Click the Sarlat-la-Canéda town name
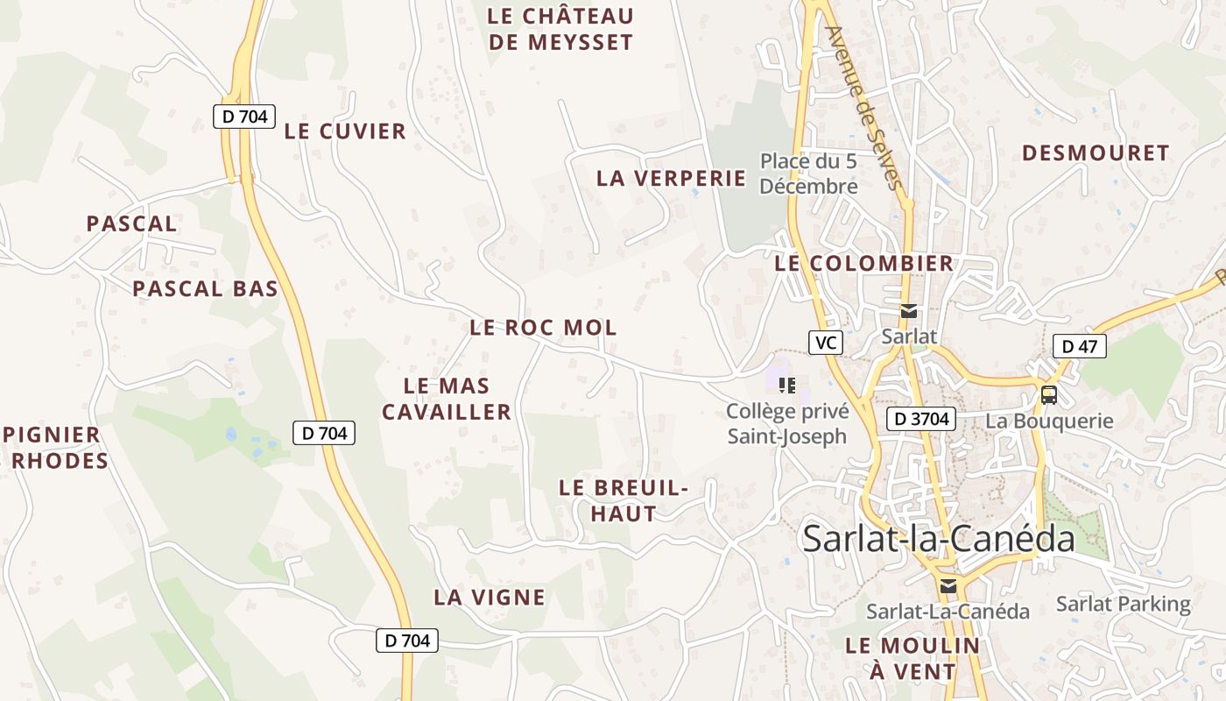[938, 538]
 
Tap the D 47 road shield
[1079, 346]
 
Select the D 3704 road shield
[922, 419]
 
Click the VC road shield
[824, 343]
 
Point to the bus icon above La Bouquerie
[1048, 395]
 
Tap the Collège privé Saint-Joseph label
[787, 423]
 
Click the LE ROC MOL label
[543, 328]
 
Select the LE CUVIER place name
[345, 131]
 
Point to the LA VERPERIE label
[671, 178]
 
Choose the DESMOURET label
[1096, 153]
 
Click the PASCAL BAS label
[205, 288]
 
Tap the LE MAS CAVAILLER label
[447, 399]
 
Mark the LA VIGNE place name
[490, 598]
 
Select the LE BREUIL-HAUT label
[624, 500]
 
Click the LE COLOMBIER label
[863, 263]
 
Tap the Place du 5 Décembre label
[807, 173]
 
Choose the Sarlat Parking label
[1123, 604]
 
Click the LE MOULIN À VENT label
[912, 658]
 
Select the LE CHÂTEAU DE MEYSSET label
[560, 29]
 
